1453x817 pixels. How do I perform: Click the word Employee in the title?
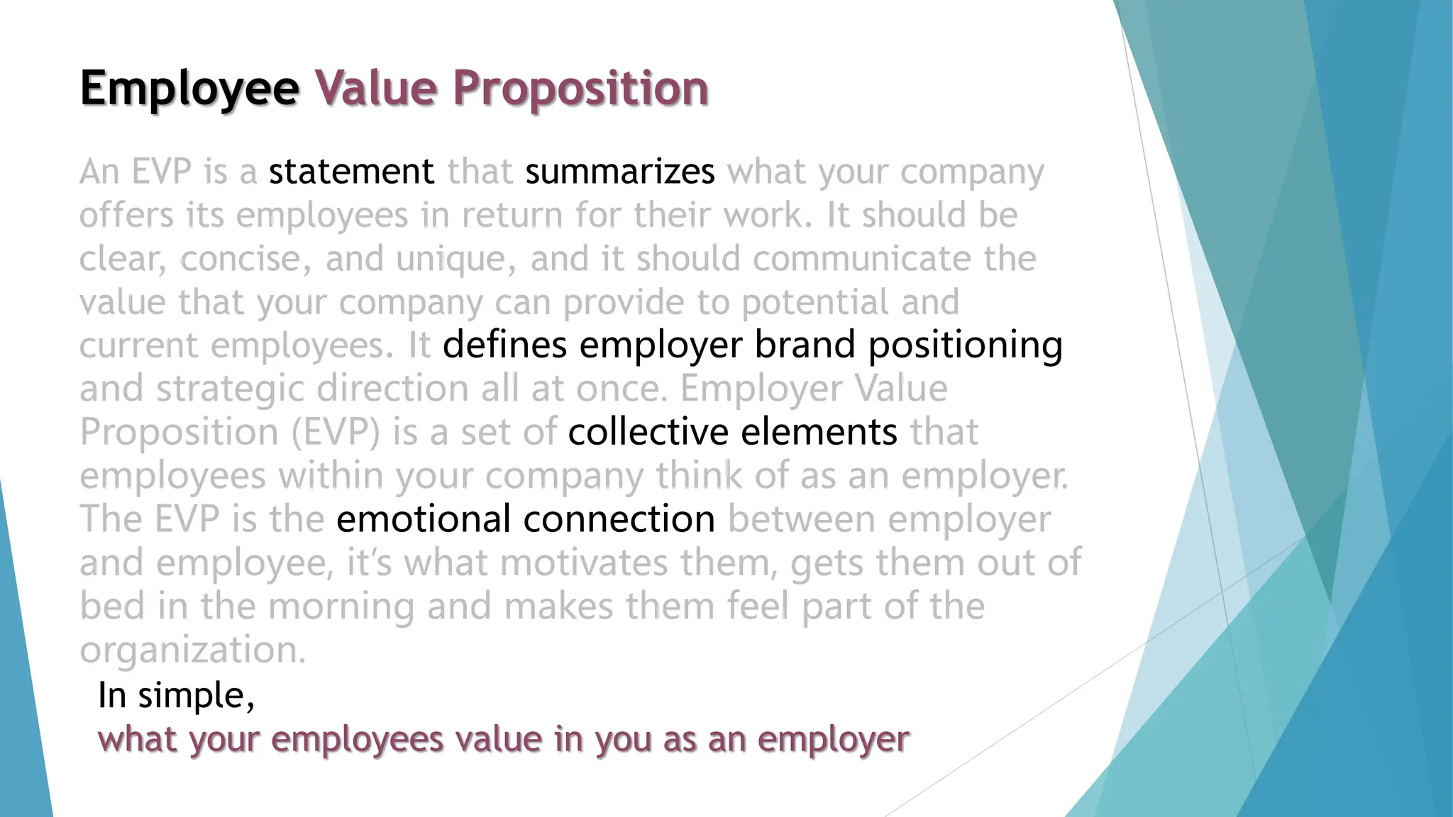click(189, 89)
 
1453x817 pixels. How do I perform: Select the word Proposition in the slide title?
click(581, 89)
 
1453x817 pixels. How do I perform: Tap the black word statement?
click(351, 172)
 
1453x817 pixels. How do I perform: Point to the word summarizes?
click(619, 172)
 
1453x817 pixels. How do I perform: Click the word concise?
click(244, 259)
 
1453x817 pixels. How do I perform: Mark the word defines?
click(504, 345)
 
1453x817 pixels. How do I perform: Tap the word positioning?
click(966, 345)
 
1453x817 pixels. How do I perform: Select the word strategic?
click(231, 389)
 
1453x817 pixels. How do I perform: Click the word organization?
click(192, 650)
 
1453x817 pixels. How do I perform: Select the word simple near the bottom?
click(196, 695)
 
